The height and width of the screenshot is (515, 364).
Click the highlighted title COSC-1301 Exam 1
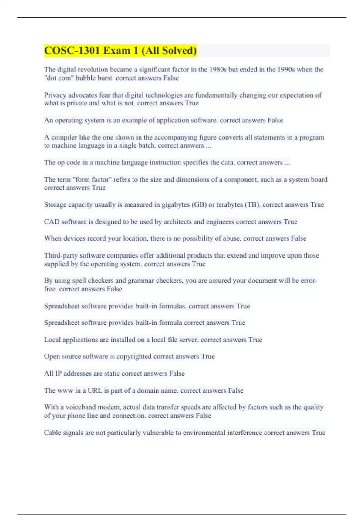tap(120, 51)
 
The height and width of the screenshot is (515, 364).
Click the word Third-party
tap(61, 255)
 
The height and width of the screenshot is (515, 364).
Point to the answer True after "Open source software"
tap(208, 356)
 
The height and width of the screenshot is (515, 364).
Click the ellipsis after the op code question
tap(287, 163)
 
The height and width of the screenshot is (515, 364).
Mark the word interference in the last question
tap(244, 433)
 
